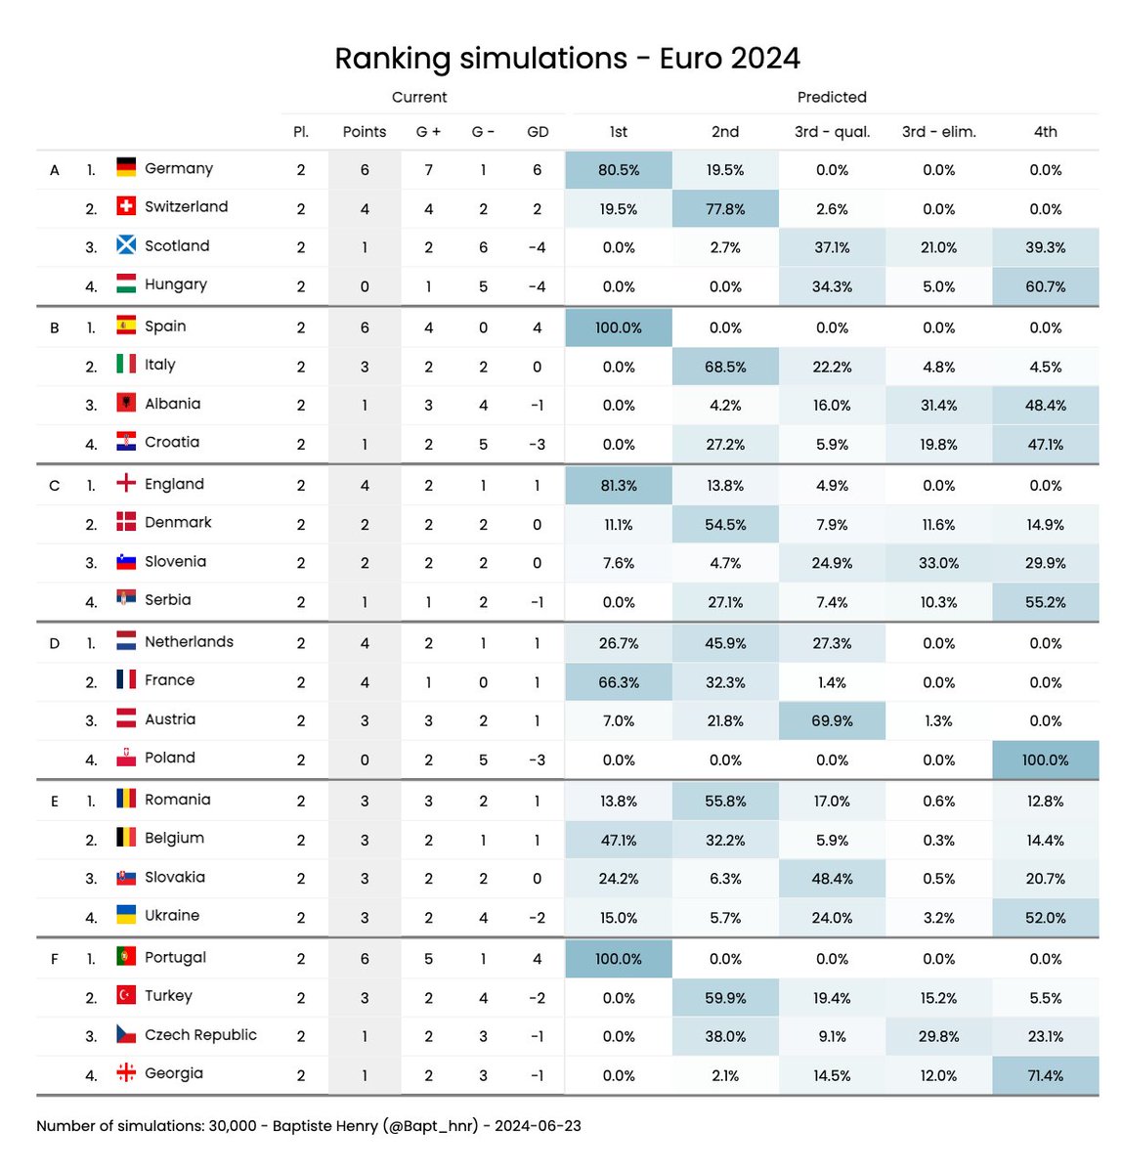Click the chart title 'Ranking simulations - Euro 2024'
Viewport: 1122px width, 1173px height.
(x=567, y=59)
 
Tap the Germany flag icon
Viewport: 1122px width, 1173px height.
(x=126, y=167)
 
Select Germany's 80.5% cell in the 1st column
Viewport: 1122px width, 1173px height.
(x=618, y=170)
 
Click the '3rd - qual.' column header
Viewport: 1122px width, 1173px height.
(x=832, y=132)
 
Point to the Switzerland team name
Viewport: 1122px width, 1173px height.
(x=186, y=206)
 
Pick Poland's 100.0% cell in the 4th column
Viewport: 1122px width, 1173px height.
(x=1045, y=760)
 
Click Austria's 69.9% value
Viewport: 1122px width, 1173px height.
(x=832, y=720)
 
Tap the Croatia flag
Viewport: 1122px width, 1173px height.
(x=126, y=442)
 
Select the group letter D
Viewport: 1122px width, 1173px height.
(x=55, y=643)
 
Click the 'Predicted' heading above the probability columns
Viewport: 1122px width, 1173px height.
(x=832, y=97)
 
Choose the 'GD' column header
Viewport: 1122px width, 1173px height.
(x=538, y=132)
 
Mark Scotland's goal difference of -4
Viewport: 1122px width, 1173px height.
(x=538, y=247)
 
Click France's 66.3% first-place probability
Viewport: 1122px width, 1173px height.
(x=618, y=682)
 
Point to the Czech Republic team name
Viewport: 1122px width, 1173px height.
(x=200, y=1034)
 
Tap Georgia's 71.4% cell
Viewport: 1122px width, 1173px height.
(x=1045, y=1075)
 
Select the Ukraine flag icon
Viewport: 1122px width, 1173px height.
(x=126, y=915)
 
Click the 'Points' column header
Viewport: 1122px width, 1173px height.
(x=365, y=132)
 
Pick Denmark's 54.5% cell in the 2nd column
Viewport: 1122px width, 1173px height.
(x=725, y=524)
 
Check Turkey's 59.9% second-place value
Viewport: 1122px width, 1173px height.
(x=725, y=998)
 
